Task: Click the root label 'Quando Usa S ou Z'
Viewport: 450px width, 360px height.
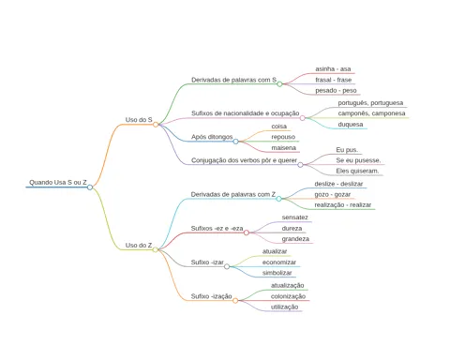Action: tap(58, 182)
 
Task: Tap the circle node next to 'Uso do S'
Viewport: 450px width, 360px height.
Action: tap(156, 125)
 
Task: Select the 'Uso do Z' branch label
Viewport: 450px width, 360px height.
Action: tap(139, 246)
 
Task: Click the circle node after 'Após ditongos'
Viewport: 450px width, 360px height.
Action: tap(235, 142)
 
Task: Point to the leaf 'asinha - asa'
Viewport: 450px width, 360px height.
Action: tap(333, 68)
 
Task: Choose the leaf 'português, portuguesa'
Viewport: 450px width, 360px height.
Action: tap(370, 103)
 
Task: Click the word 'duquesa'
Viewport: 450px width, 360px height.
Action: tap(351, 125)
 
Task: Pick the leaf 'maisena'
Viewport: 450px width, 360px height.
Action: tap(283, 148)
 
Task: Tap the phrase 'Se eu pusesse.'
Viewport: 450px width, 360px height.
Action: tap(358, 160)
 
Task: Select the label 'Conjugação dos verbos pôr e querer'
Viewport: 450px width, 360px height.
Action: tap(244, 160)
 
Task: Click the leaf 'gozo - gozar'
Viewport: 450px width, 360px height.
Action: tap(332, 194)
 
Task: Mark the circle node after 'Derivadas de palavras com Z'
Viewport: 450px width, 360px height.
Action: tap(278, 199)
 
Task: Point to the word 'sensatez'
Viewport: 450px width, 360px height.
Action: tap(294, 217)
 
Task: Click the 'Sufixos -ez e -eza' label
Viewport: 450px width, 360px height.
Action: tap(217, 229)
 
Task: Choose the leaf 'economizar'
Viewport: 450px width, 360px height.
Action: tap(279, 262)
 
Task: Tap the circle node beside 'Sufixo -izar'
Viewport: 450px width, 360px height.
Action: tap(227, 266)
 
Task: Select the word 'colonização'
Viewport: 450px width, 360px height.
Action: tap(288, 296)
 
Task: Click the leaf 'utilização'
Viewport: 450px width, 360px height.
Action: tap(284, 307)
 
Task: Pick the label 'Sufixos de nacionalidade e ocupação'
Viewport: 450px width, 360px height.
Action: tap(246, 113)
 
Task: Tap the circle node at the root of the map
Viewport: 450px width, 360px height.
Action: tap(90, 187)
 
